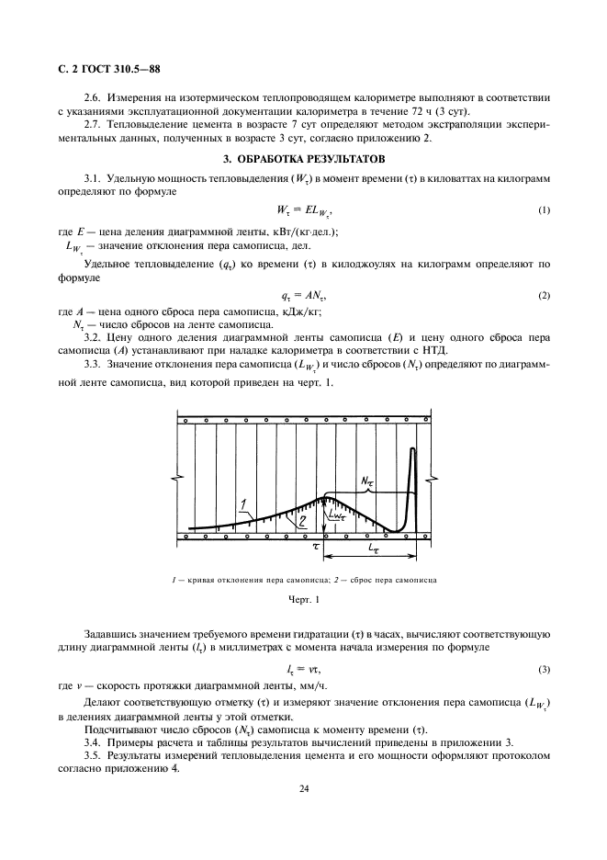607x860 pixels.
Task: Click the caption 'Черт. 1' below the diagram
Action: [x=303, y=600]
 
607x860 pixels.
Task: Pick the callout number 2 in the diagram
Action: [x=275, y=520]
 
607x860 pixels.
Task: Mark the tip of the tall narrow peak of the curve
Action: [x=413, y=448]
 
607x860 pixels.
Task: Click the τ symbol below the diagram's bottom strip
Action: [x=317, y=545]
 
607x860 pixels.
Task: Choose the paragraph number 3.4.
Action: [x=94, y=741]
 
